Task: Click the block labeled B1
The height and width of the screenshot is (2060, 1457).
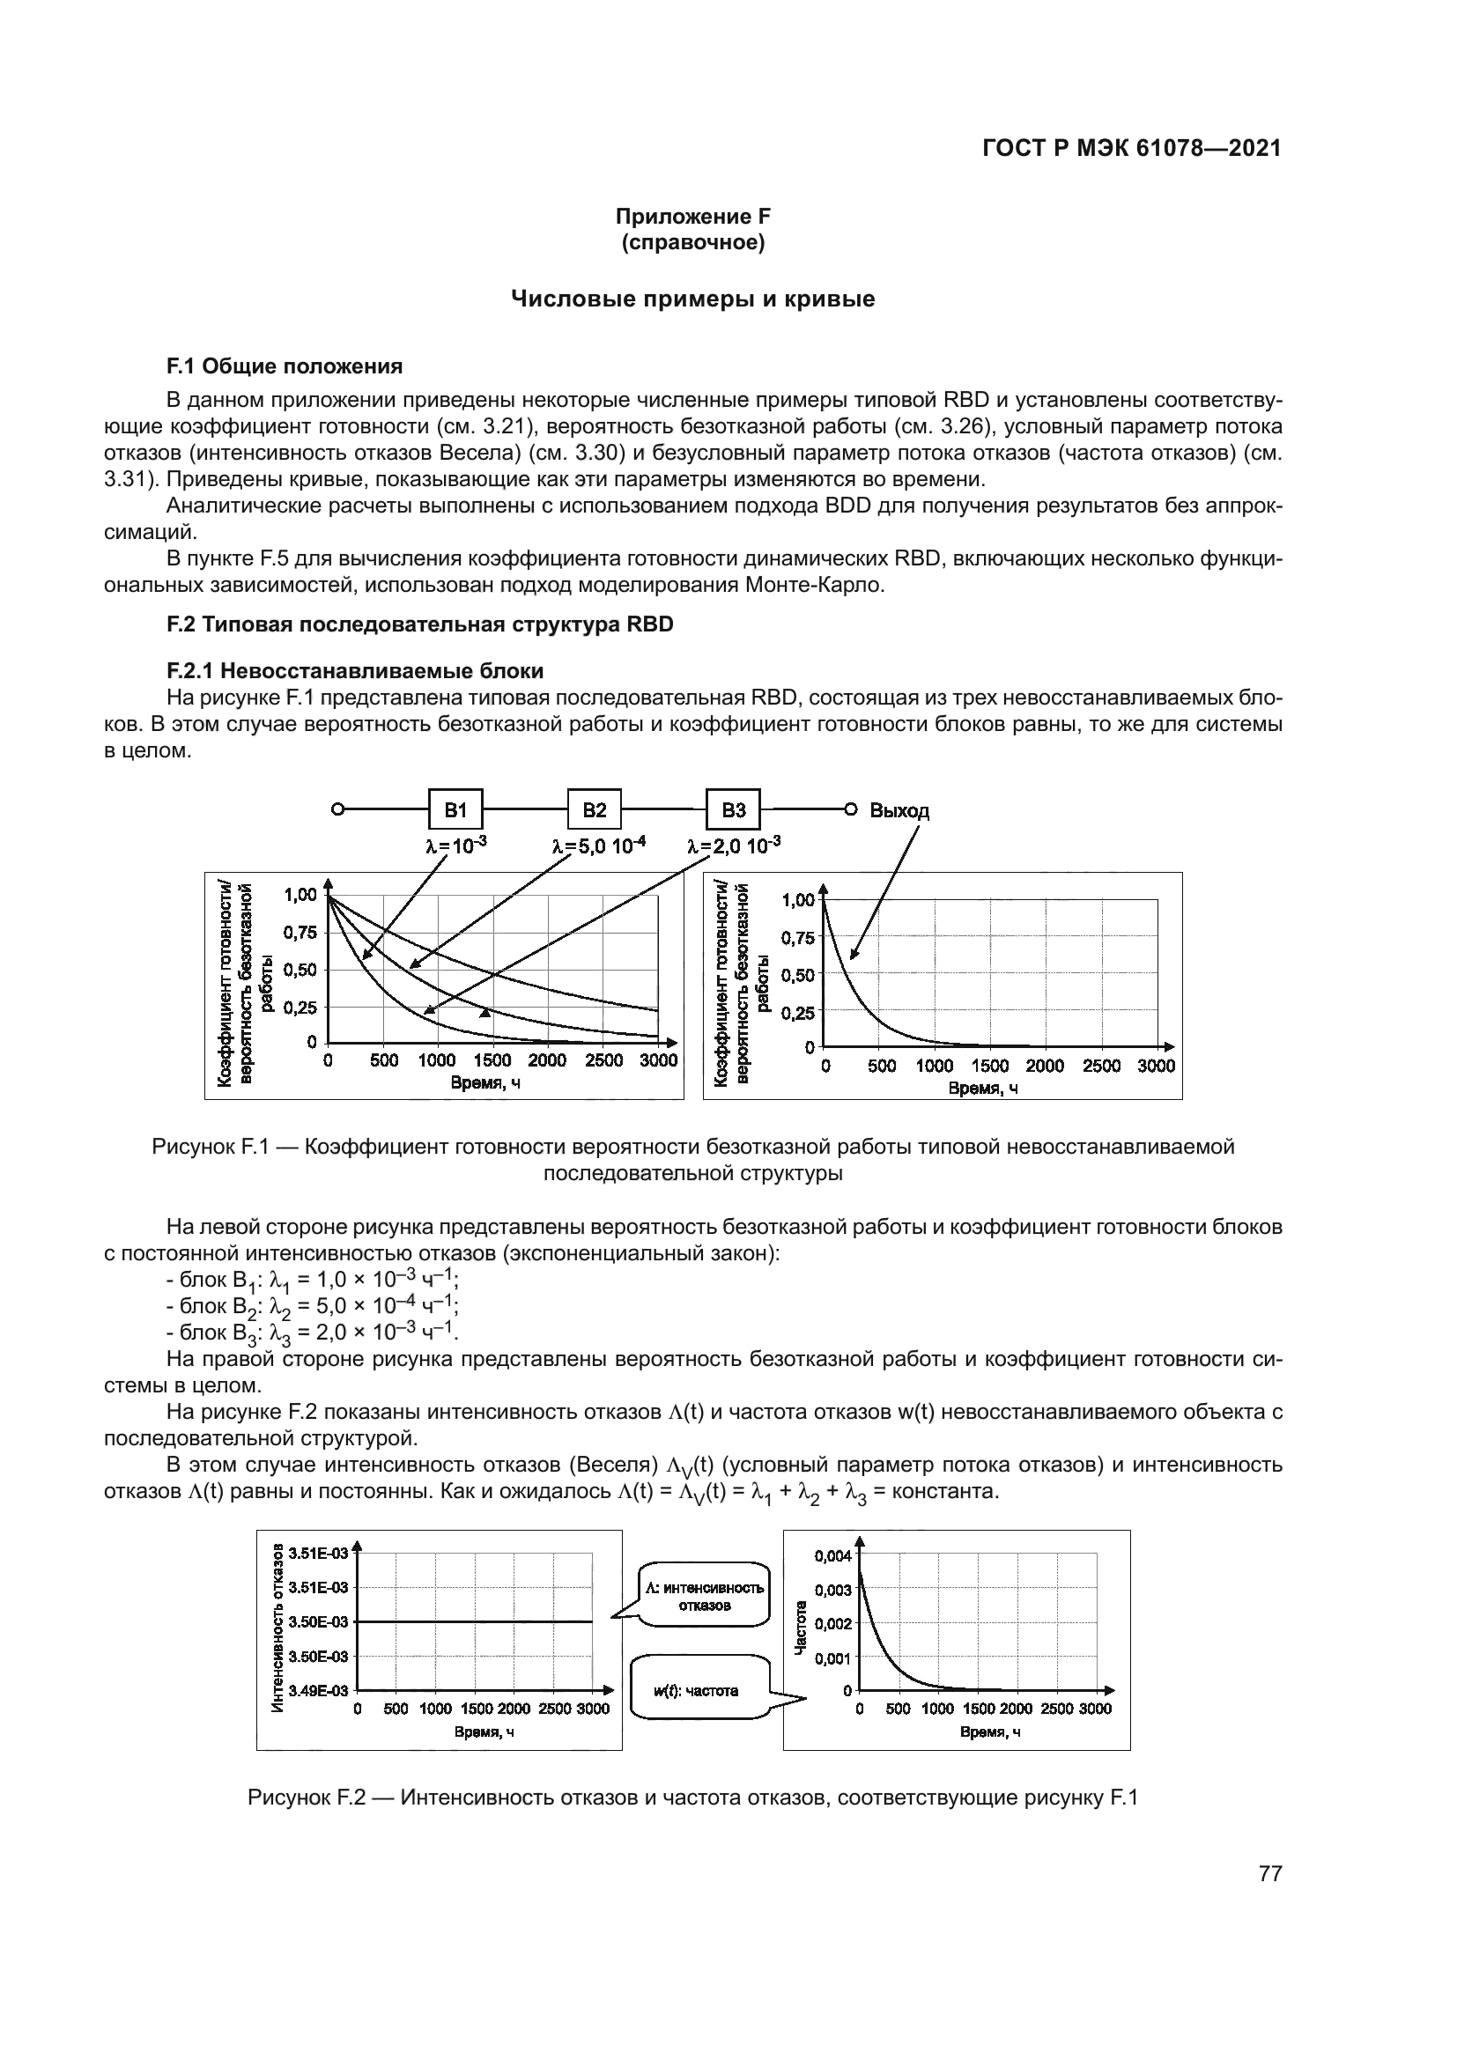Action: pyautogui.click(x=455, y=810)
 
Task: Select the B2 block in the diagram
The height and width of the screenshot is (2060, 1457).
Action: pyautogui.click(x=594, y=810)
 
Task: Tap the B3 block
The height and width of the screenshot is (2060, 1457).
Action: pyautogui.click(x=733, y=810)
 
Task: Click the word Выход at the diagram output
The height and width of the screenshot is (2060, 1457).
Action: pyautogui.click(x=899, y=811)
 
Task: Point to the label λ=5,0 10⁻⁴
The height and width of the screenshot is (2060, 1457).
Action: pyautogui.click(x=598, y=845)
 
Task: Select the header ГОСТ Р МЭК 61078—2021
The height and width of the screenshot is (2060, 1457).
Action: pyautogui.click(x=1131, y=149)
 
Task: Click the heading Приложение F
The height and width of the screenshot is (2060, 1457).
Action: pyautogui.click(x=692, y=217)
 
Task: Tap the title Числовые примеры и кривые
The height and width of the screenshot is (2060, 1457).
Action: pyautogui.click(x=692, y=299)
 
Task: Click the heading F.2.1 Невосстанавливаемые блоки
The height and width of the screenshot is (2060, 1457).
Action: pyautogui.click(x=354, y=671)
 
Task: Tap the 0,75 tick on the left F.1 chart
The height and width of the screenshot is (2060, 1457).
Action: pyautogui.click(x=300, y=932)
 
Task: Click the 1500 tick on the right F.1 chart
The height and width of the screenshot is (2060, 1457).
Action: pyautogui.click(x=989, y=1067)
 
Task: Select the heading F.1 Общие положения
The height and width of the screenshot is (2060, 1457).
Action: pyautogui.click(x=285, y=366)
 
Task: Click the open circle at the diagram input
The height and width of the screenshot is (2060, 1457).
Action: pyautogui.click(x=337, y=809)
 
